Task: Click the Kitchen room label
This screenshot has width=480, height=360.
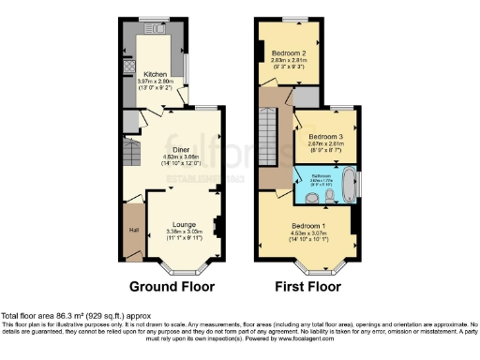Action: click(154, 73)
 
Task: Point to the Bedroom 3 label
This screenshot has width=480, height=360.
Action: click(325, 137)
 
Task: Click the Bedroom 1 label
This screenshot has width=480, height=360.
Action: click(308, 227)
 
